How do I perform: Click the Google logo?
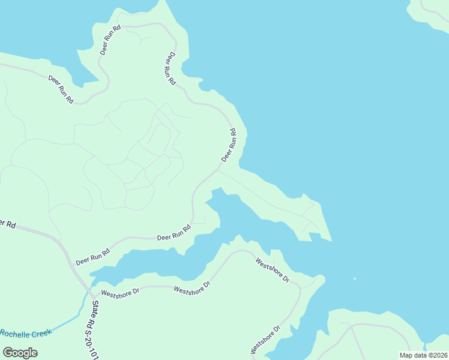click(19, 352)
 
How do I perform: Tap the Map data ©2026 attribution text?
click(423, 355)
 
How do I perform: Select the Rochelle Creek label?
click(25, 334)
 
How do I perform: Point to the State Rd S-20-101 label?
click(94, 330)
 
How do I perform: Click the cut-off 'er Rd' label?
click(7, 224)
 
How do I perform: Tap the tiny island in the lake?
click(355, 278)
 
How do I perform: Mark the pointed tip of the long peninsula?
click(331, 240)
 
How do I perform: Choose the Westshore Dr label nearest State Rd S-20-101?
click(120, 293)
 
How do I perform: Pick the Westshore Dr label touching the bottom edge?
click(265, 340)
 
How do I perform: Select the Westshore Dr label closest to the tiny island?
click(273, 271)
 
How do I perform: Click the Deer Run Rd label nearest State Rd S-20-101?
click(93, 257)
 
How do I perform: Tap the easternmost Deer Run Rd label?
click(229, 145)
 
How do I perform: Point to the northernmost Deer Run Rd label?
click(110, 40)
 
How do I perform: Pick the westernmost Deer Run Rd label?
click(61, 89)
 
